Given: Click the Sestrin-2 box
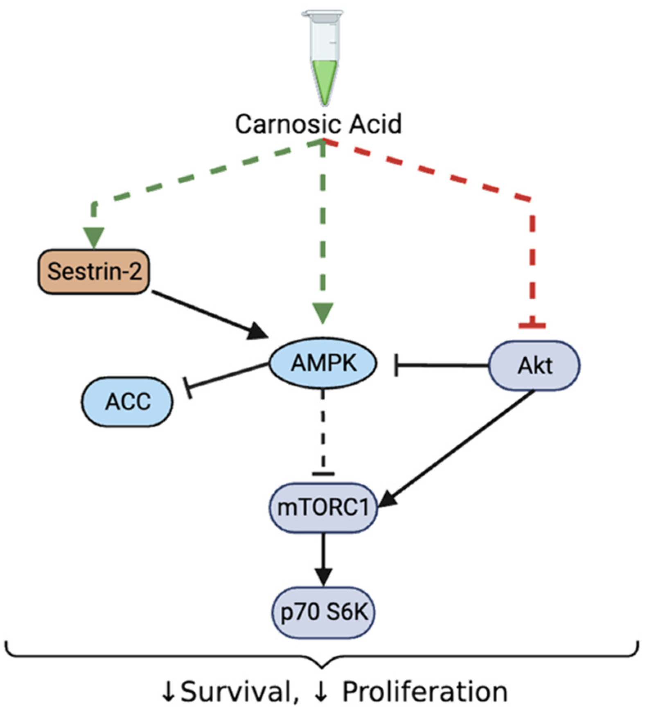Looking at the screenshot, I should click(94, 271).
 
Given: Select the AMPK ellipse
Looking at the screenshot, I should click(323, 363).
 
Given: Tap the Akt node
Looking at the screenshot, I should click(534, 365).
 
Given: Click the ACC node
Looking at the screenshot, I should click(127, 401).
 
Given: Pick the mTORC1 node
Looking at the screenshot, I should click(323, 508).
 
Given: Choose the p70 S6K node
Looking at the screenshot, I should click(323, 613).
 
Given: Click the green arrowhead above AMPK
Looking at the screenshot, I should click(323, 313).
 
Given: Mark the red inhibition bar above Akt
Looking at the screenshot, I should click(532, 326).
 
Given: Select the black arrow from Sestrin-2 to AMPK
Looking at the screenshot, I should click(209, 314).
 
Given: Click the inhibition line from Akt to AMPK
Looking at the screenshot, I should click(442, 365).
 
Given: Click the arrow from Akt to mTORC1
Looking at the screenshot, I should click(458, 446).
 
